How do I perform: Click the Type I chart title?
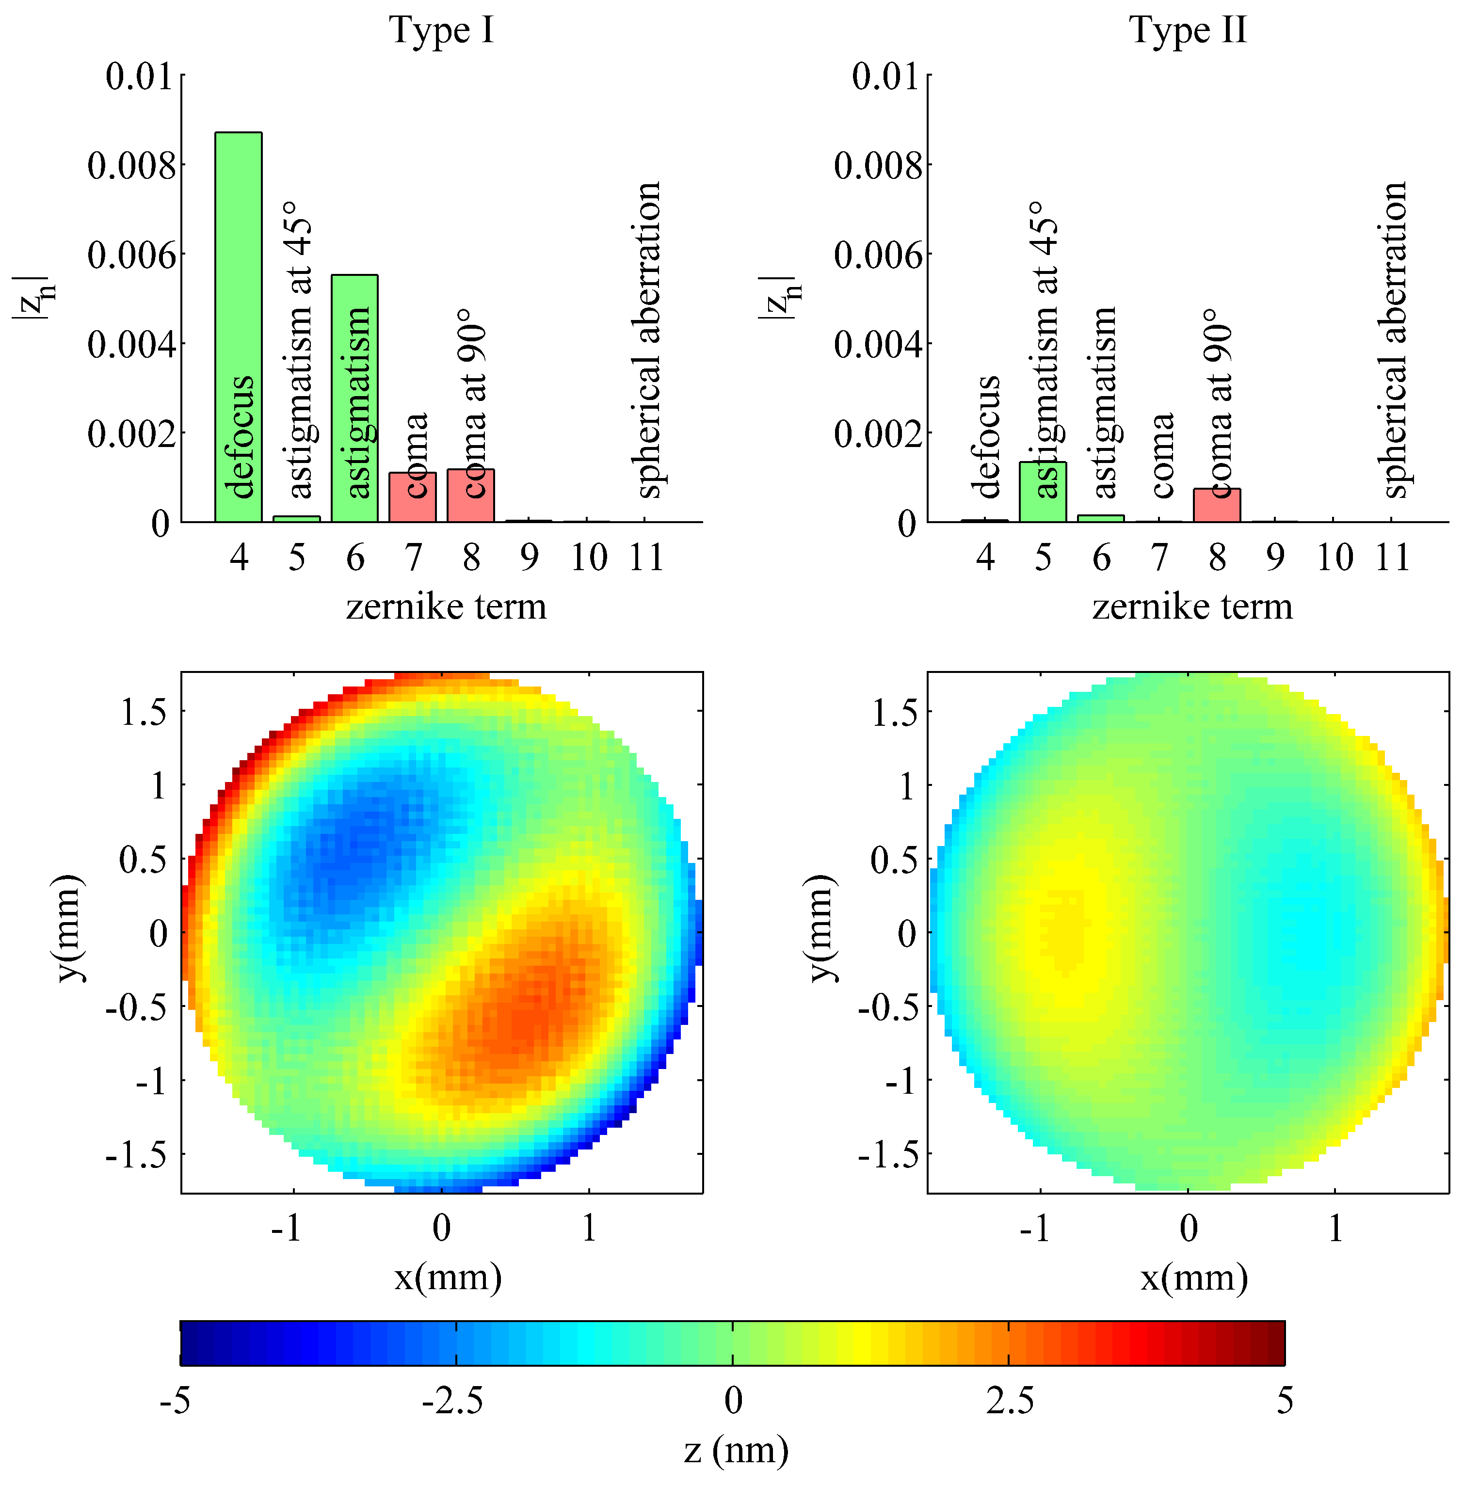(x=442, y=31)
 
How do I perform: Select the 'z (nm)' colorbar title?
(x=735, y=1450)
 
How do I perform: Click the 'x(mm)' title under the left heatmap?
(x=448, y=1277)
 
